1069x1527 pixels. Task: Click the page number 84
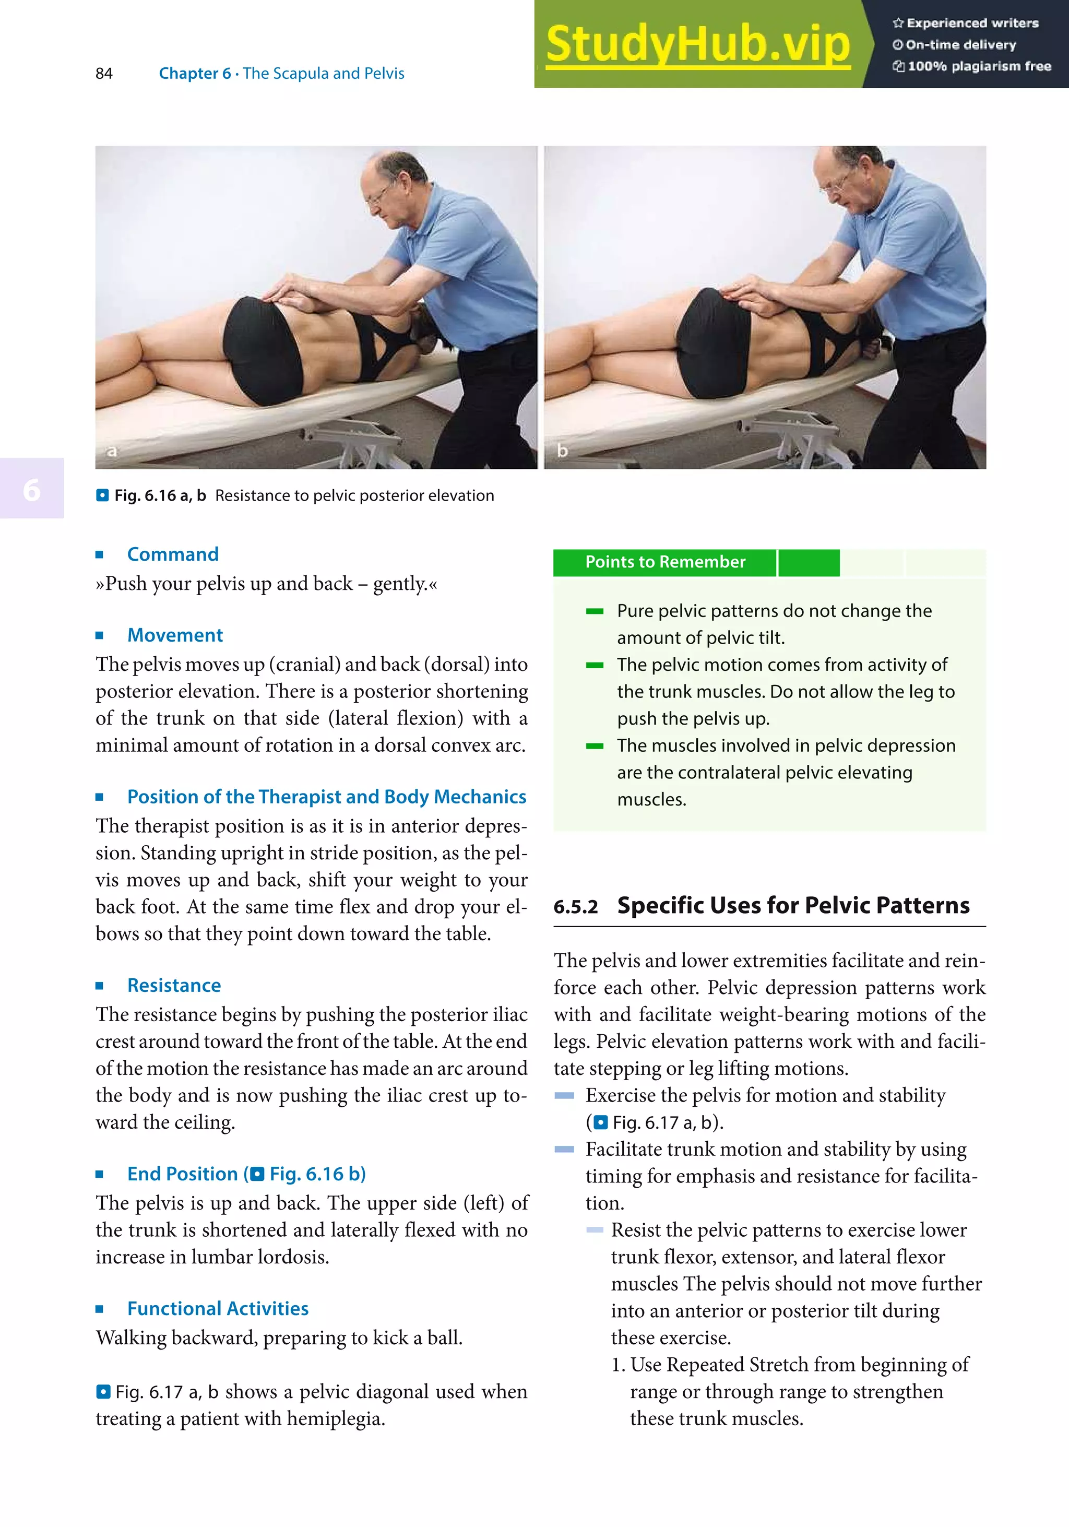tap(104, 74)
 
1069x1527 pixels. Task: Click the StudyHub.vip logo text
tap(697, 44)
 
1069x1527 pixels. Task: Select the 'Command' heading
tap(172, 554)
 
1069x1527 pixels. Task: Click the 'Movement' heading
tap(175, 635)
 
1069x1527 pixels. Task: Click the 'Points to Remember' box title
tap(665, 562)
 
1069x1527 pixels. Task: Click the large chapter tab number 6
tap(31, 490)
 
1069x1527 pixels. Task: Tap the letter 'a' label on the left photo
tap(112, 451)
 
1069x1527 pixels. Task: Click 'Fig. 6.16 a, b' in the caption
tap(160, 495)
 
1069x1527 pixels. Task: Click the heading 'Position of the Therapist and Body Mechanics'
tap(326, 797)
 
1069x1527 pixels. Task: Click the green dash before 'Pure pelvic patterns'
tap(595, 611)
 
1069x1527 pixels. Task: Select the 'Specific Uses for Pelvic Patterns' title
tap(792, 906)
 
